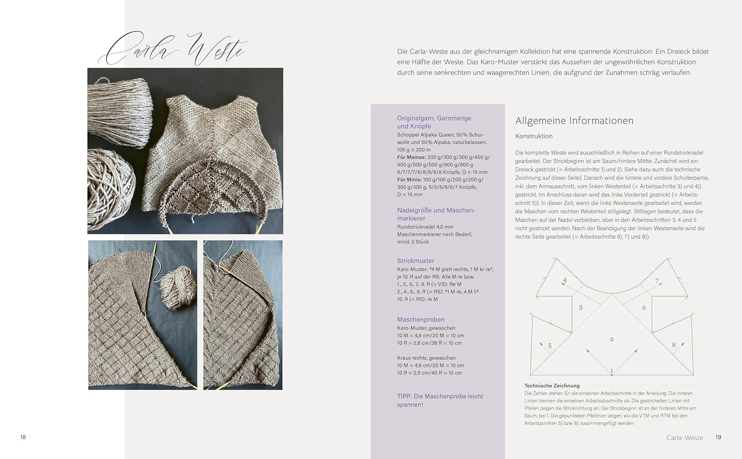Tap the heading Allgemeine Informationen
[x=574, y=121]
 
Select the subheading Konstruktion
[x=534, y=136]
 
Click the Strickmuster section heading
[x=416, y=261]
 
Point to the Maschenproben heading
[x=420, y=320]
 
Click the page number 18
[x=23, y=437]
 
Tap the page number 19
[x=718, y=437]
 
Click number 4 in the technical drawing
[x=565, y=281]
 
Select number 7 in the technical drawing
[x=657, y=281]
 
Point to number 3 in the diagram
[x=580, y=308]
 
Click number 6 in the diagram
[x=644, y=308]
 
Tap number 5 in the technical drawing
[x=550, y=346]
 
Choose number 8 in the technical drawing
[x=673, y=345]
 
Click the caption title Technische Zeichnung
[x=552, y=386]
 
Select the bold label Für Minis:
[x=410, y=180]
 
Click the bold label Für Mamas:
[x=412, y=157]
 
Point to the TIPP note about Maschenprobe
[x=440, y=400]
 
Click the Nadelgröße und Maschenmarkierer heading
[x=436, y=214]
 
